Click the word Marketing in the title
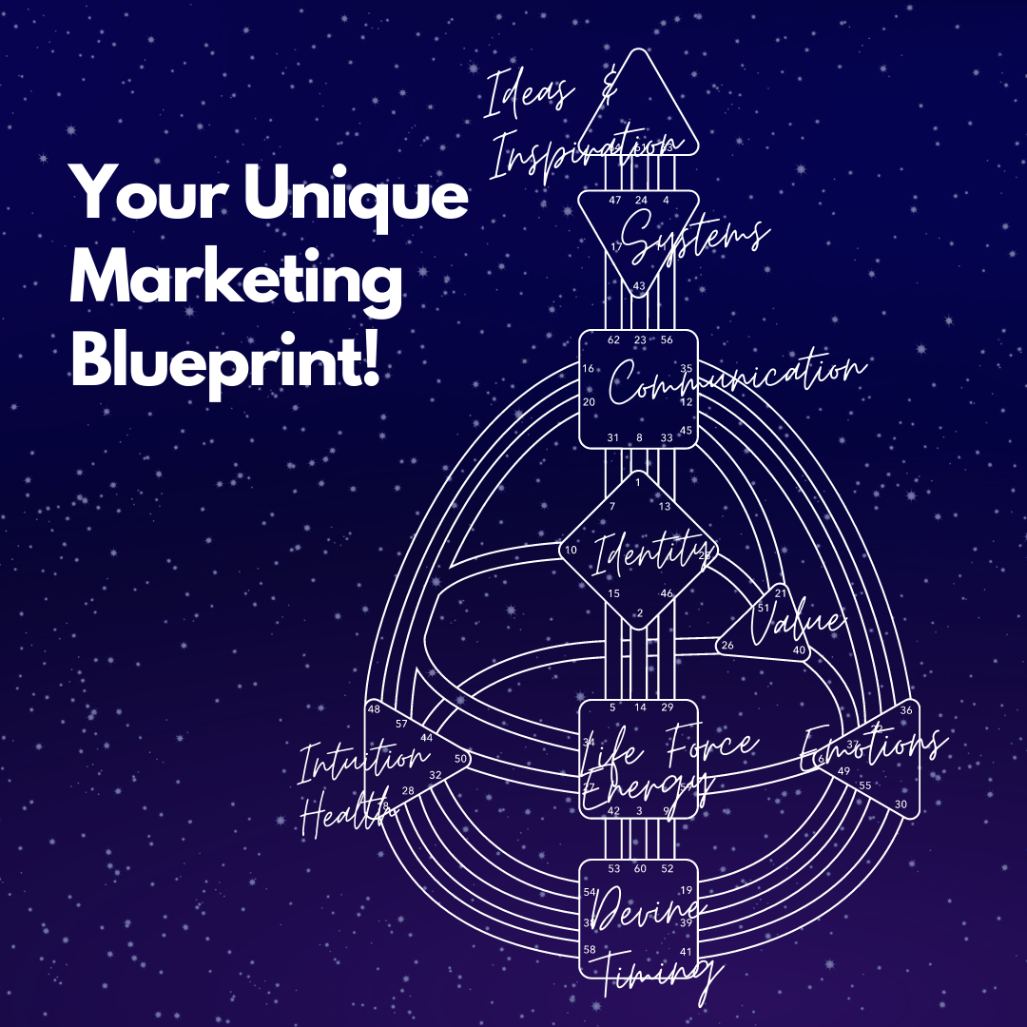pyautogui.click(x=236, y=277)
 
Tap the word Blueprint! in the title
pyautogui.click(x=226, y=361)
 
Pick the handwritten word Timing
pyautogui.click(x=656, y=975)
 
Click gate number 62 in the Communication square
pyautogui.click(x=613, y=339)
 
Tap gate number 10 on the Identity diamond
pyautogui.click(x=571, y=551)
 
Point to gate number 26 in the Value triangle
pyautogui.click(x=727, y=646)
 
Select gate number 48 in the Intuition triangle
pyautogui.click(x=374, y=709)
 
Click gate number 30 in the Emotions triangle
pyautogui.click(x=901, y=804)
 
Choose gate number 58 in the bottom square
pyautogui.click(x=590, y=950)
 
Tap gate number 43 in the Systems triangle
pyautogui.click(x=639, y=286)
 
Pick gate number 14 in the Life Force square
pyautogui.click(x=640, y=707)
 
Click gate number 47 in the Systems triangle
pyautogui.click(x=614, y=201)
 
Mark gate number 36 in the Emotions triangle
pyautogui.click(x=905, y=710)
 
